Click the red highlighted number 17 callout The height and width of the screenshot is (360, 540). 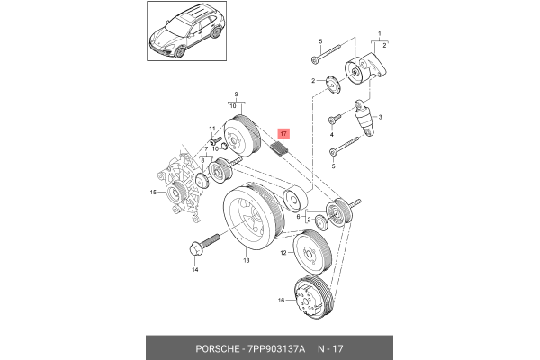pyautogui.click(x=284, y=134)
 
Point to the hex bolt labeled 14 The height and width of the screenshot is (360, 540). pyautogui.click(x=202, y=243)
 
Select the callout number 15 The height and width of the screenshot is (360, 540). pyautogui.click(x=154, y=193)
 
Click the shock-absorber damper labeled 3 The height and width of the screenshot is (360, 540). pyautogui.click(x=366, y=117)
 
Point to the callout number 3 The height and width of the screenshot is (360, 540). pyautogui.click(x=381, y=117)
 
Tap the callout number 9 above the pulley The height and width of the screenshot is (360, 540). pyautogui.click(x=236, y=94)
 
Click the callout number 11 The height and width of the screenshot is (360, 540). pyautogui.click(x=212, y=129)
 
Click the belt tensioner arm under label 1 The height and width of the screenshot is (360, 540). pyautogui.click(x=367, y=68)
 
